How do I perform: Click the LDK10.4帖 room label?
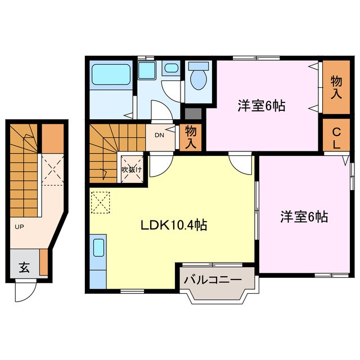(x=174, y=226)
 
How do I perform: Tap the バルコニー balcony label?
(x=212, y=279)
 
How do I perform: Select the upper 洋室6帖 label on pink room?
(x=261, y=105)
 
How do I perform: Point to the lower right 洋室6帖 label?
(x=304, y=216)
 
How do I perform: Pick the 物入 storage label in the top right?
(x=336, y=87)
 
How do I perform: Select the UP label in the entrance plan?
(x=19, y=226)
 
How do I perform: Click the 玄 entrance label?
(x=25, y=268)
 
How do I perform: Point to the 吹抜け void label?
(x=133, y=169)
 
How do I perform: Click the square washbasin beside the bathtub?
(x=147, y=71)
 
